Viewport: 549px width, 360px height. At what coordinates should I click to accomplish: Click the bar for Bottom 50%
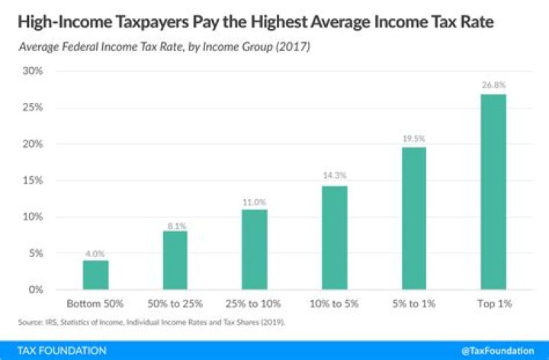[95, 275]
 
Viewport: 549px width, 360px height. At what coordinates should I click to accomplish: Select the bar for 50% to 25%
[175, 260]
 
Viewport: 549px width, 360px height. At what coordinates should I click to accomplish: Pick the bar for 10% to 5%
[334, 237]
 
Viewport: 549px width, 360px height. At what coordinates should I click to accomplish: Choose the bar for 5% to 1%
[414, 218]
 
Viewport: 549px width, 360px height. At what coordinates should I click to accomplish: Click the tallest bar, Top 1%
[493, 191]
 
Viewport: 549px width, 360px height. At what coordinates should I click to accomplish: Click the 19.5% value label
[414, 140]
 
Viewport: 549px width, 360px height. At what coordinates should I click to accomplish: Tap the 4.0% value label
[95, 252]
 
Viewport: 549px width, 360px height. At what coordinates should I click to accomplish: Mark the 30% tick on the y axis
[32, 71]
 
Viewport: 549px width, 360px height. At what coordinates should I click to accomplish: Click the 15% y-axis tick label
[32, 180]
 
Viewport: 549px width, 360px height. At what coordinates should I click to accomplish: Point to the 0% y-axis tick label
[35, 290]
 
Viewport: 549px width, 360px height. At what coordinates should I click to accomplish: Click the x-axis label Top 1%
[493, 304]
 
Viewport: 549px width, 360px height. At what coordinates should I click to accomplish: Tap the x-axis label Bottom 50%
[95, 304]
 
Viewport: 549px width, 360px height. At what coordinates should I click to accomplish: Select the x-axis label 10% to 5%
[334, 304]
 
